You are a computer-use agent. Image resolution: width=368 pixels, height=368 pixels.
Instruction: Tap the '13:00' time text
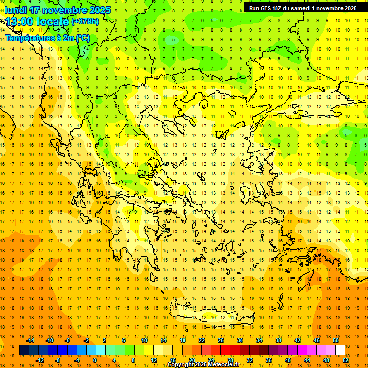(19, 22)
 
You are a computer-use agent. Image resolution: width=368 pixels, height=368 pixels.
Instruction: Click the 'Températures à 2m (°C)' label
(47, 38)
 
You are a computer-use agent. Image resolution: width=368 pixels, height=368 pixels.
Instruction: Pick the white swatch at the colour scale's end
(340, 350)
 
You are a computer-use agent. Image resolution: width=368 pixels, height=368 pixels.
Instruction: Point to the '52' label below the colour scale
(345, 360)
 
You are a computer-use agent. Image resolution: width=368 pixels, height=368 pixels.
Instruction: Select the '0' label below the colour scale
(94, 360)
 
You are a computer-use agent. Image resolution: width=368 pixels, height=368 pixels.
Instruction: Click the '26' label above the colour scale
(221, 340)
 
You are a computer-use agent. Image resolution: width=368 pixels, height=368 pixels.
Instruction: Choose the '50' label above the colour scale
(336, 340)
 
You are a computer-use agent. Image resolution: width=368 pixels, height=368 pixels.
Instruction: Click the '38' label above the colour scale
(278, 340)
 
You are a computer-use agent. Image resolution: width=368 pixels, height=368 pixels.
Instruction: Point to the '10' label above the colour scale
(144, 340)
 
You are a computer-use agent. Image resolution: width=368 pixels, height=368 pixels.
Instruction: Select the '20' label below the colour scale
(192, 360)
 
